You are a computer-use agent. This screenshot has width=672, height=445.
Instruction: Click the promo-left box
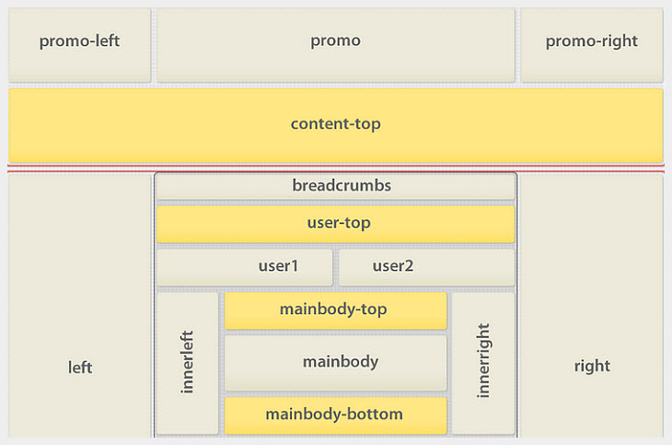coord(79,45)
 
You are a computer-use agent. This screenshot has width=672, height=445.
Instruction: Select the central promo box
coord(335,45)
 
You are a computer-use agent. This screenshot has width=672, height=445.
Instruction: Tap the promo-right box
coord(591,45)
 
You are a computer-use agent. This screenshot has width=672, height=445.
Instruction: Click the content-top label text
coord(335,123)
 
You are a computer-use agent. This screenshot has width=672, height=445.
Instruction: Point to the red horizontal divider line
coord(335,170)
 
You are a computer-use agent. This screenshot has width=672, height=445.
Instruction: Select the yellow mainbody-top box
coord(335,310)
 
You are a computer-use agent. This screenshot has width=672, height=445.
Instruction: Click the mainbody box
coord(335,362)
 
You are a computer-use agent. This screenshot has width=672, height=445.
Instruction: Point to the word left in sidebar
coord(80,367)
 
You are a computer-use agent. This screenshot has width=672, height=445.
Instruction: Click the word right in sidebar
coord(591,366)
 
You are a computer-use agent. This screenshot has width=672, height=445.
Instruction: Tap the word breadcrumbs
coord(342,185)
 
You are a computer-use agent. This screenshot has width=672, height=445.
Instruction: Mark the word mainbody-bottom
coord(334,415)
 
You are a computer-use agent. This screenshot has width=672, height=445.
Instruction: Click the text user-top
coord(339,223)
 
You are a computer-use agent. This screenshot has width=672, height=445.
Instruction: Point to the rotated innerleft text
coord(188,362)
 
